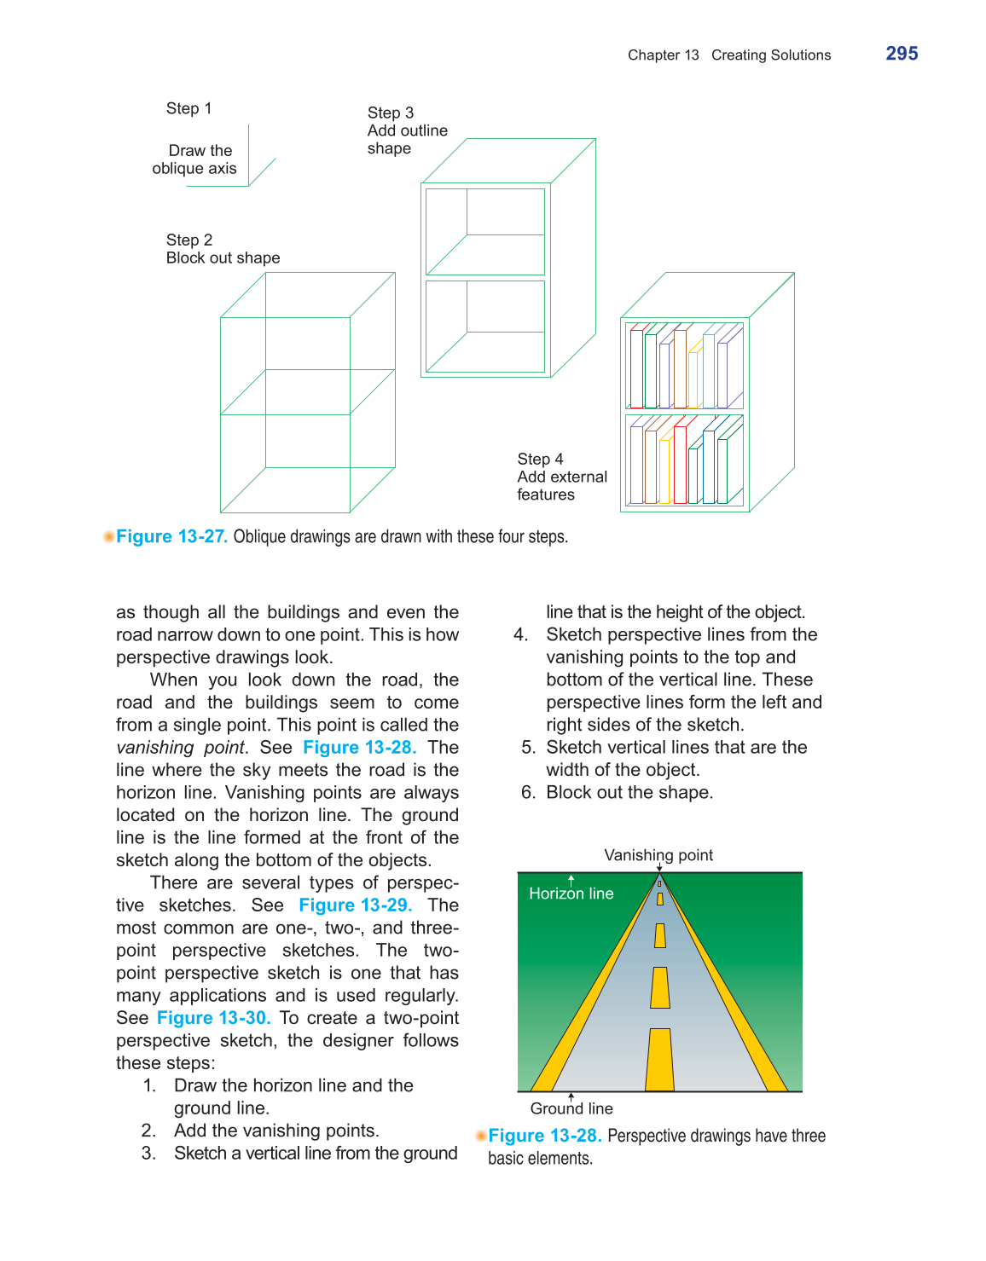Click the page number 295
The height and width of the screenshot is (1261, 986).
902,54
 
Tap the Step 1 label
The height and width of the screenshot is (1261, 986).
188,108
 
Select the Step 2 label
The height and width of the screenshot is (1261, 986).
189,240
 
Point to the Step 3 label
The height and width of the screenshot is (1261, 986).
391,113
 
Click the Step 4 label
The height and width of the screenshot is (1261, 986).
540,459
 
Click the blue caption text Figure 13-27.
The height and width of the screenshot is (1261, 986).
171,536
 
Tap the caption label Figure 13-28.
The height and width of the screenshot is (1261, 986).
545,1136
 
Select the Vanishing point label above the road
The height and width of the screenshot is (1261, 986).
658,855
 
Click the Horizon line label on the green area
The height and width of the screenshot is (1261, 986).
571,894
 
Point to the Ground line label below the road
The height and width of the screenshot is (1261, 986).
571,1108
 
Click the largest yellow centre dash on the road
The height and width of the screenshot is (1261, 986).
659,1060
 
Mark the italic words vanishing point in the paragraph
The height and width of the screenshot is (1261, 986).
182,748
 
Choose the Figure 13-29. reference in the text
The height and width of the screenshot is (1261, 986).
355,905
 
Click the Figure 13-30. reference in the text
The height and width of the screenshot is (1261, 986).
213,1018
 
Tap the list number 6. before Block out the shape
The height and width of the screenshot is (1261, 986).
528,793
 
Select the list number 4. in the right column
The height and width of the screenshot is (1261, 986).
520,635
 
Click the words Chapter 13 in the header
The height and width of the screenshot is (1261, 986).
663,55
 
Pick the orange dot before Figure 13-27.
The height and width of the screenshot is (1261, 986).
108,536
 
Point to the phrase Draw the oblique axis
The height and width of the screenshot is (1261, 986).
196,159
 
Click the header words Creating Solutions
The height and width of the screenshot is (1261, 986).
771,55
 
